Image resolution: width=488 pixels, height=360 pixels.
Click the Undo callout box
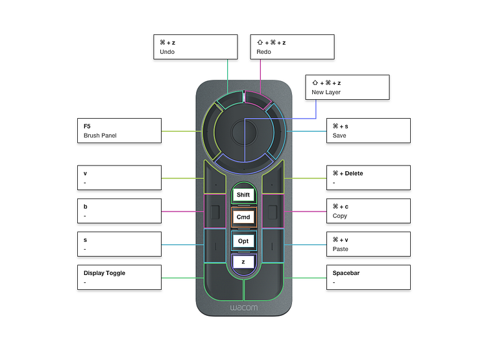coord(195,47)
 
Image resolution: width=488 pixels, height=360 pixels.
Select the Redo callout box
coord(292,47)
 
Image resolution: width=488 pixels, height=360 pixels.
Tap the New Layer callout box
coord(347,87)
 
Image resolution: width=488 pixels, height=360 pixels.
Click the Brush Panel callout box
coord(119,130)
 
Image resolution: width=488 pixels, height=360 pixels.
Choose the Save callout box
coord(368,130)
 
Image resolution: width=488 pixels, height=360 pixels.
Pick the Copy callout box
coord(368,211)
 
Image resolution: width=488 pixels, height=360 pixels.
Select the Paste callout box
coord(368,244)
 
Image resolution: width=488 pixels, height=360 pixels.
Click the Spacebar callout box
coord(368,277)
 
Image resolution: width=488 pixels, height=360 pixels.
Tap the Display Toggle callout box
coord(119,277)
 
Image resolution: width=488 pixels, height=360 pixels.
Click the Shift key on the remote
coord(243,195)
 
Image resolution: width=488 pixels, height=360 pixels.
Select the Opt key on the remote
coord(243,241)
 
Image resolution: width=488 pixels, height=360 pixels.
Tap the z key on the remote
coord(243,262)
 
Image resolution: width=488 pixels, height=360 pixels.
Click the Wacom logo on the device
coord(243,307)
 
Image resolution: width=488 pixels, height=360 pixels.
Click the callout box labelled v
coord(119,178)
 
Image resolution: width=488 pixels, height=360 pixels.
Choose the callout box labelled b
coord(119,211)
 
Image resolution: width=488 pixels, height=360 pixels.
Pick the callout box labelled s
coord(119,244)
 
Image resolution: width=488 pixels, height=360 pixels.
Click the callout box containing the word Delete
coord(368,178)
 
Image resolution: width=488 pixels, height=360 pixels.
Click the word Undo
coord(167,52)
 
